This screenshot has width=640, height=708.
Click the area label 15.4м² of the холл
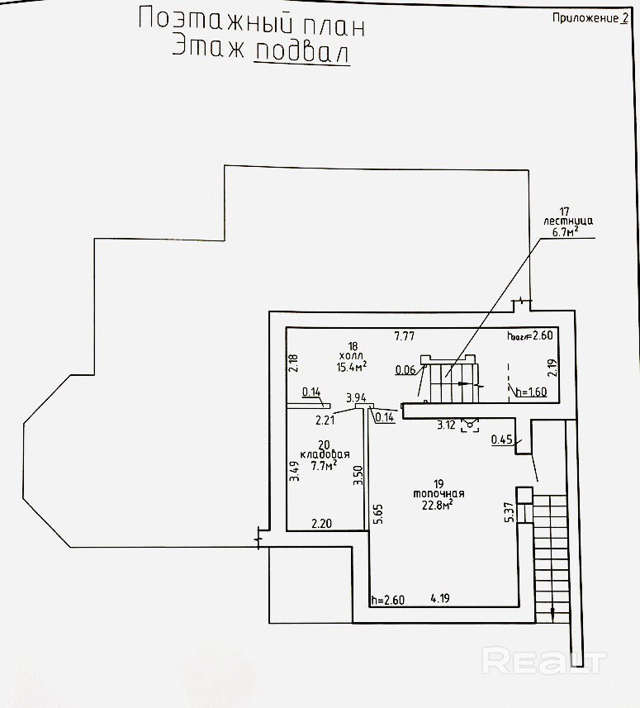click(x=352, y=364)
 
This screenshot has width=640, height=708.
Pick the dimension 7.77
click(x=404, y=335)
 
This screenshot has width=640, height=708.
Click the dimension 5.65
click(x=377, y=515)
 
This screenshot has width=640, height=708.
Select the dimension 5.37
click(x=510, y=513)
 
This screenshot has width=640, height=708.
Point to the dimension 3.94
click(x=356, y=398)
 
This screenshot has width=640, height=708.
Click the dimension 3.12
click(x=447, y=425)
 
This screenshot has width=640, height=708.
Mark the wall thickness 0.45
click(x=501, y=440)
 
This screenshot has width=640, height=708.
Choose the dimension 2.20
click(x=320, y=523)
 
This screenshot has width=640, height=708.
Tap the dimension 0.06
click(x=405, y=369)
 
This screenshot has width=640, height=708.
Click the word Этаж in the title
click(x=208, y=49)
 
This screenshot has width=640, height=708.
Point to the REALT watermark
click(x=544, y=661)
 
